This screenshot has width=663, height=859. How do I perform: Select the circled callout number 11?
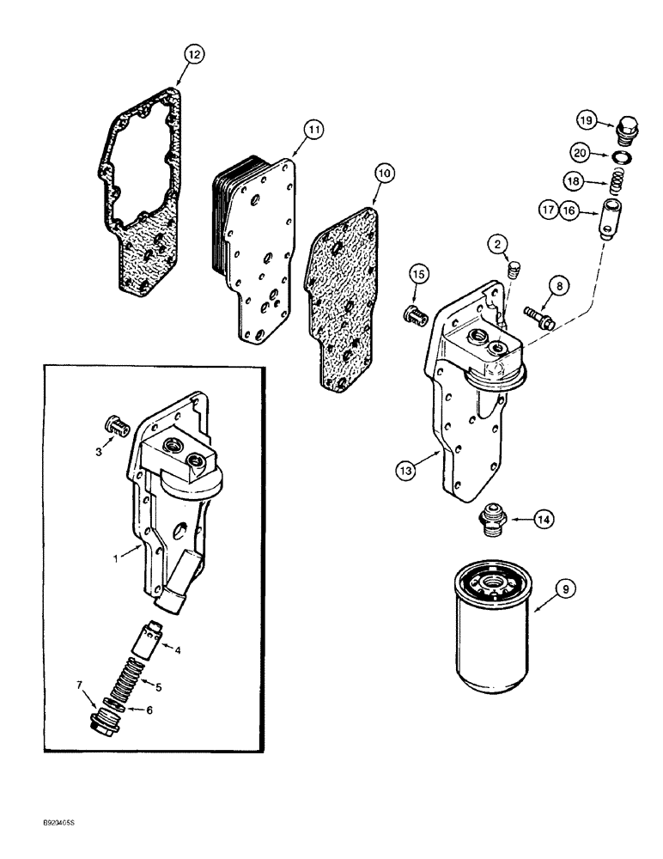(x=313, y=130)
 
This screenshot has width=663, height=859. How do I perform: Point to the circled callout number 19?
(x=586, y=119)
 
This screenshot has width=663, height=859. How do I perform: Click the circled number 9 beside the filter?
(x=563, y=589)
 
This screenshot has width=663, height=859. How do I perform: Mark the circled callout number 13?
(x=406, y=469)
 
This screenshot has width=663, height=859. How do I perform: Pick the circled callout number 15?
(x=417, y=273)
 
